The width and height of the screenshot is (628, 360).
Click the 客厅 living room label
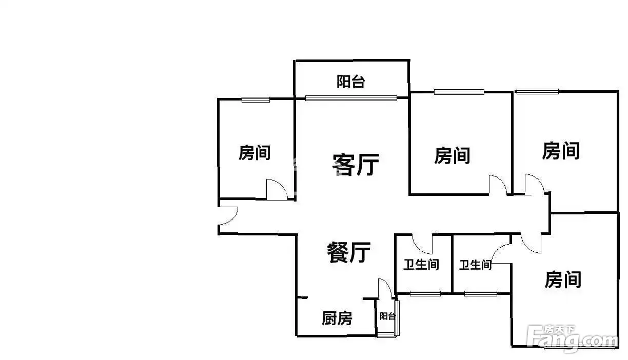pyautogui.click(x=356, y=165)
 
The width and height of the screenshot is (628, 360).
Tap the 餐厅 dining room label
pyautogui.click(x=349, y=252)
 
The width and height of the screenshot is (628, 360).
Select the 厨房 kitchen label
pyautogui.click(x=337, y=318)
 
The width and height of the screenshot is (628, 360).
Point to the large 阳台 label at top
pyautogui.click(x=351, y=82)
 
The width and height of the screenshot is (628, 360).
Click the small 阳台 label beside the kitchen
pyautogui.click(x=387, y=316)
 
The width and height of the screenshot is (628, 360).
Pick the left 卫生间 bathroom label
pyautogui.click(x=421, y=265)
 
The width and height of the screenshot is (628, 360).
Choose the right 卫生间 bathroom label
pyautogui.click(x=475, y=265)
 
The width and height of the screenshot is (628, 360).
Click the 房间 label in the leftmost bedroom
pyautogui.click(x=254, y=153)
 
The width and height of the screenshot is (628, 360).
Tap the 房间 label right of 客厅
pyautogui.click(x=452, y=155)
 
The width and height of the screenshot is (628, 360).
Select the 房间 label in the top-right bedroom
pyautogui.click(x=561, y=151)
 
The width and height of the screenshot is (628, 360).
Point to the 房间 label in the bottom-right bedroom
pyautogui.click(x=563, y=279)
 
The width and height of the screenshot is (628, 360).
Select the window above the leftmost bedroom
pyautogui.click(x=256, y=99)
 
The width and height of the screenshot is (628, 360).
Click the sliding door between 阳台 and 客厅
pyautogui.click(x=351, y=98)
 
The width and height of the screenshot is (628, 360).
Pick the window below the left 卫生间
pyautogui.click(x=425, y=294)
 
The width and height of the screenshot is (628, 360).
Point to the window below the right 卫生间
pyautogui.click(x=481, y=294)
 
